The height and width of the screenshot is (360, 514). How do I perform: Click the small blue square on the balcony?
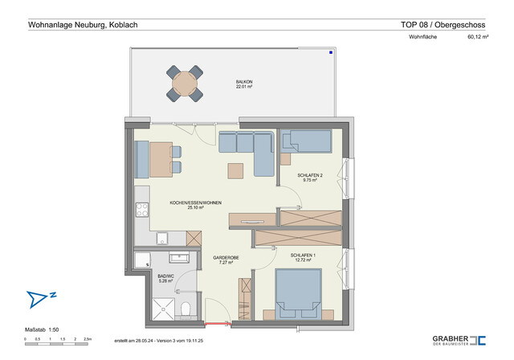(x=330, y=54)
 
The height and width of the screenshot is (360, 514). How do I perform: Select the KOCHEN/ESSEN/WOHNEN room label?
(x=195, y=204)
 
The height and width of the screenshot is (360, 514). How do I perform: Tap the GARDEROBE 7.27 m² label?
(x=222, y=260)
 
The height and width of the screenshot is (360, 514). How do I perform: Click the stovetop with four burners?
(x=143, y=211)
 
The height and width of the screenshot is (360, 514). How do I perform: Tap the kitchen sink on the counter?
(x=161, y=238)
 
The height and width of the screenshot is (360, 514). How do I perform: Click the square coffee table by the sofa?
(x=235, y=170)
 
